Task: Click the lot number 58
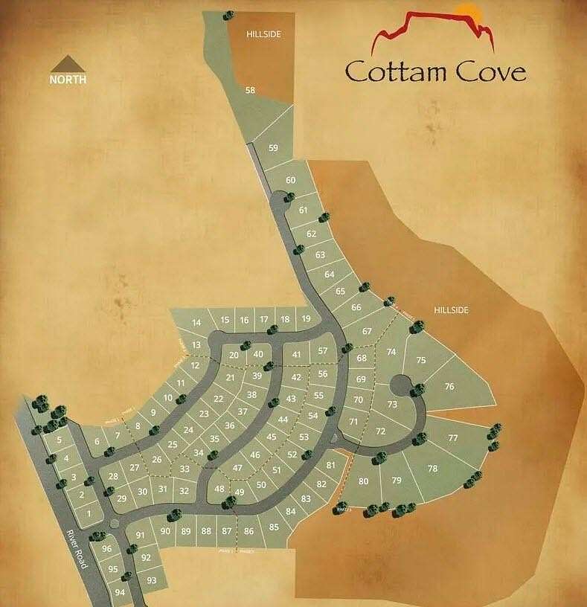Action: [250, 90]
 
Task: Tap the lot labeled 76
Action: [449, 386]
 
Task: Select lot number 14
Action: [196, 323]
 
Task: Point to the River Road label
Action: [76, 550]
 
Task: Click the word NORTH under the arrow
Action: [68, 79]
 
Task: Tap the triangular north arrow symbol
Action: [68, 62]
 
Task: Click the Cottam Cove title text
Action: [435, 71]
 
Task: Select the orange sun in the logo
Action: [467, 13]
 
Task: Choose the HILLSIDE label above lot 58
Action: [264, 34]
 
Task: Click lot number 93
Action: [152, 579]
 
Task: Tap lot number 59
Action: [273, 148]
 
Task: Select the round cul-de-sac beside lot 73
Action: [400, 385]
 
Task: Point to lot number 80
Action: [364, 481]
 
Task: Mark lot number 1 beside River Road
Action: [89, 513]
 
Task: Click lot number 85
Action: [274, 527]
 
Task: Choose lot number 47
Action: [237, 468]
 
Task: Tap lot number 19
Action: [305, 319]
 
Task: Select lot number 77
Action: [452, 437]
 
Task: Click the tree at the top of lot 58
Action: [227, 14]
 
